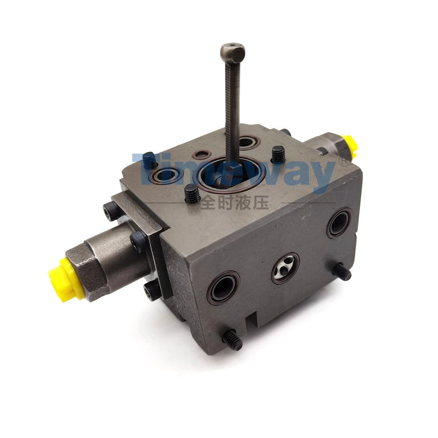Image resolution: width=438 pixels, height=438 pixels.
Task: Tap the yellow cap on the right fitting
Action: pyautogui.click(x=350, y=145)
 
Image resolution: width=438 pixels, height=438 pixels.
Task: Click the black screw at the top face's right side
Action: pyautogui.click(x=277, y=153)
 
